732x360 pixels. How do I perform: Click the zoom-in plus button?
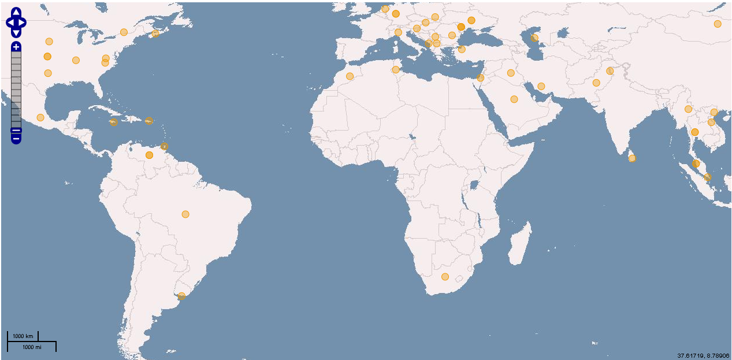[x=16, y=47]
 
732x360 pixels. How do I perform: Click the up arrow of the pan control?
[x=16, y=13]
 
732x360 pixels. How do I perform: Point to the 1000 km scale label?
[x=23, y=336]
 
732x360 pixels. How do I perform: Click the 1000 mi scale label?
[x=32, y=347]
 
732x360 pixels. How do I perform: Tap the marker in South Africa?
[x=445, y=277]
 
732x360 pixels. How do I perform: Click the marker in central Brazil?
[x=185, y=214]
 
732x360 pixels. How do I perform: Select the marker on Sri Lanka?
[x=632, y=158]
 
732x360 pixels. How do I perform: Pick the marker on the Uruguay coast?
[x=181, y=296]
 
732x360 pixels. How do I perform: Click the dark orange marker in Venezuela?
[x=149, y=155]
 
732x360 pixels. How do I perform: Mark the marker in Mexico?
[x=40, y=118]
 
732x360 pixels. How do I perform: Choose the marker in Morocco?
[x=350, y=76]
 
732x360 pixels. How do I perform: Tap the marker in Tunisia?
[x=395, y=70]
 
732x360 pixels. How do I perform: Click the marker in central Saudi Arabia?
[x=514, y=99]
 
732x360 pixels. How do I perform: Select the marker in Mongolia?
[x=718, y=24]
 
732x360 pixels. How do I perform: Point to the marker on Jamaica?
[x=114, y=122]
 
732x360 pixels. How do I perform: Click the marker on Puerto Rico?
[x=148, y=121]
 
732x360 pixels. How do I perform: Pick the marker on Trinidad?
[x=165, y=146]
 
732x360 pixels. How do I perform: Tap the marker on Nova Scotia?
[x=155, y=34]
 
